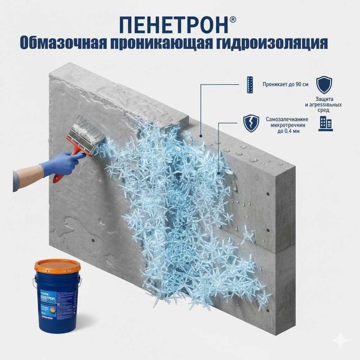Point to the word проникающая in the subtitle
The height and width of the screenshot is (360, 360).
(x=164, y=43)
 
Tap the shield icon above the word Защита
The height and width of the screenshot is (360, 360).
(x=324, y=84)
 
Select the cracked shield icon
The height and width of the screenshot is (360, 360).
(x=250, y=123)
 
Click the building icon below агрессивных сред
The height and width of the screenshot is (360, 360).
(x=325, y=123)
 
